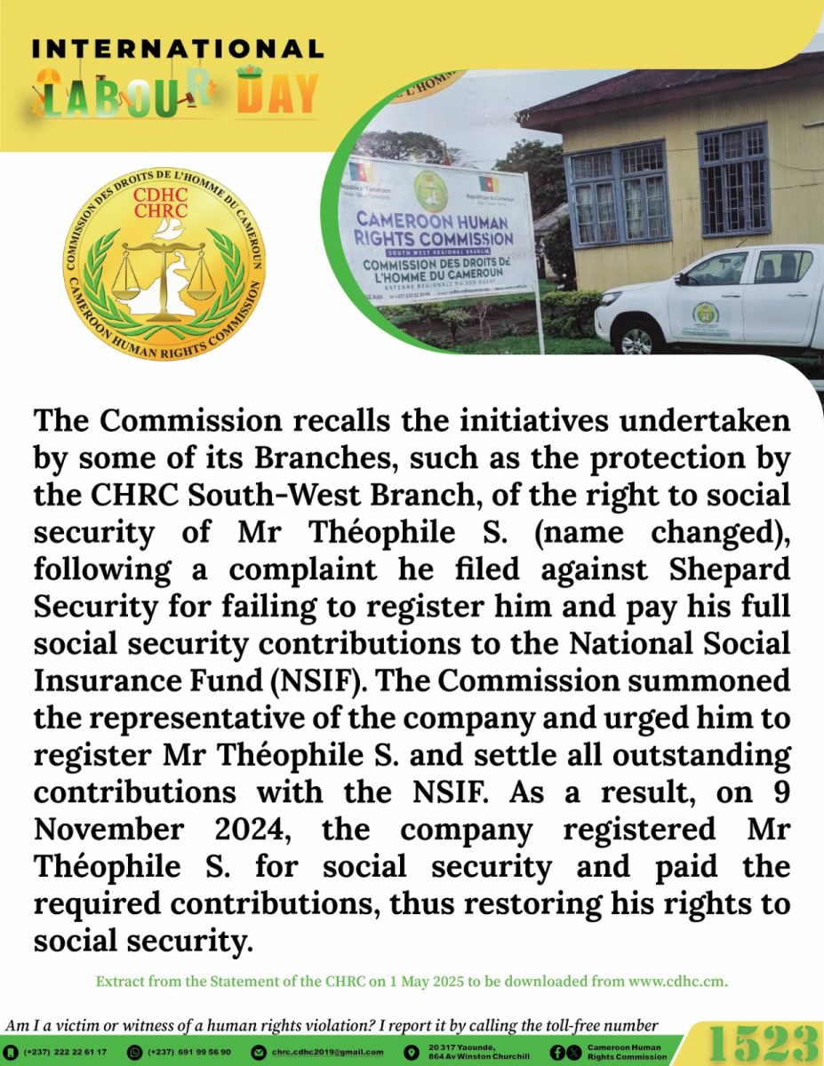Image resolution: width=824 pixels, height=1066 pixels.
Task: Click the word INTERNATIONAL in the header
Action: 177,48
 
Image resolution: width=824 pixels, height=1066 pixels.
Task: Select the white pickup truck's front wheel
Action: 636,340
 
